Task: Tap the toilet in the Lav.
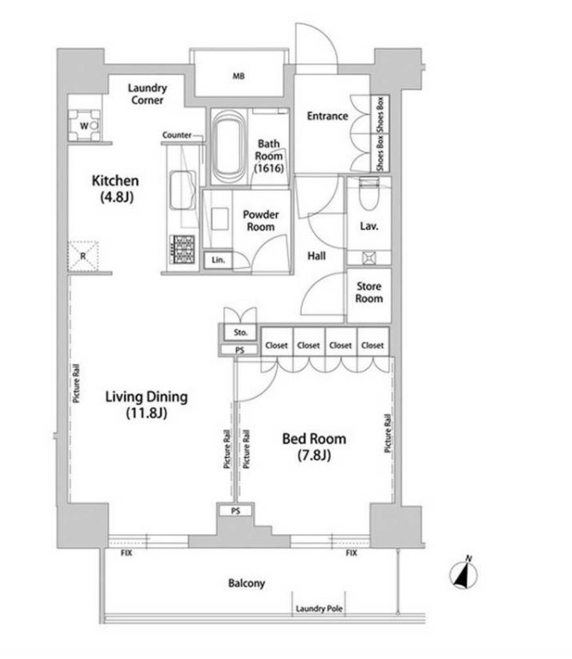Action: coord(369,194)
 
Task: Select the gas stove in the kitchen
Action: coord(182,249)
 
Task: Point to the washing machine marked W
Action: coord(85,125)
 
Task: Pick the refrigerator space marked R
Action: coord(83,256)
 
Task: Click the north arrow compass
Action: coord(463,573)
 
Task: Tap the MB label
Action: coord(239,76)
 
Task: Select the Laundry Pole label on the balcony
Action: coord(319,609)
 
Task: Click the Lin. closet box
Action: coord(218,259)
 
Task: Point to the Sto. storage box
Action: coord(240,332)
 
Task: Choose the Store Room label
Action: coord(369,293)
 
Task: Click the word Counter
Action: coord(177,135)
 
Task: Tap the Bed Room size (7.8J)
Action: coord(314,455)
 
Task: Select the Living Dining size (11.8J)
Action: coord(146,413)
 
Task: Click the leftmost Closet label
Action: coord(276,346)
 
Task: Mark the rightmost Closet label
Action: coord(373,346)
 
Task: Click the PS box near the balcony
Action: coord(236,511)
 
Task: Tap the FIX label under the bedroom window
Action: coord(351,553)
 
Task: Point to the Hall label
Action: coord(316,256)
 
